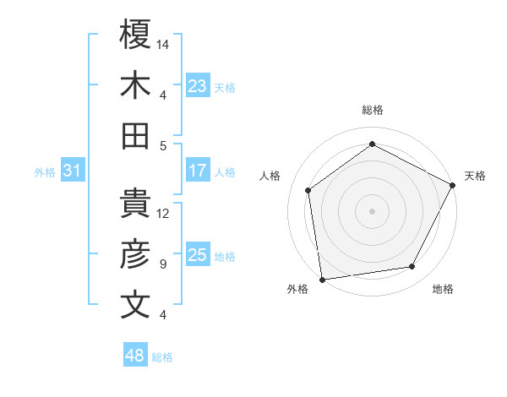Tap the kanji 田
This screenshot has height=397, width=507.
pyautogui.click(x=135, y=135)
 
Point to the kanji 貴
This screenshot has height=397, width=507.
pyautogui.click(x=135, y=204)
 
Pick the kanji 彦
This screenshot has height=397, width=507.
pyautogui.click(x=135, y=253)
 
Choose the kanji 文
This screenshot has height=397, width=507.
pyautogui.click(x=135, y=304)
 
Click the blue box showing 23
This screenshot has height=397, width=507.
pyautogui.click(x=198, y=85)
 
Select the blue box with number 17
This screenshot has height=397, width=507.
pyautogui.click(x=198, y=171)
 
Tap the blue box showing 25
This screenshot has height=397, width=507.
pyautogui.click(x=198, y=255)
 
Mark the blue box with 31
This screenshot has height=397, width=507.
pyautogui.click(x=73, y=171)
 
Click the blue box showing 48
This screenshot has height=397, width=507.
pyautogui.click(x=134, y=356)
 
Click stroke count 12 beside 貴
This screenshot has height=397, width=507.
pyautogui.click(x=163, y=214)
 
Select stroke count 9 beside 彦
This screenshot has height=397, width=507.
pyautogui.click(x=162, y=264)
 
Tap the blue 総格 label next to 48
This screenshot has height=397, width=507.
pyautogui.click(x=162, y=357)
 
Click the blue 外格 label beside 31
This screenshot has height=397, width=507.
pyautogui.click(x=45, y=172)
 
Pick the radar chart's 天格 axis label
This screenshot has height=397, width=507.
pyautogui.click(x=475, y=176)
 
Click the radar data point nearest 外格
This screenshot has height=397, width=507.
pyautogui.click(x=322, y=279)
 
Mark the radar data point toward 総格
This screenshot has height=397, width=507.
pyautogui.click(x=372, y=144)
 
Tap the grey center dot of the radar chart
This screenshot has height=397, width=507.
pyautogui.click(x=372, y=210)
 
